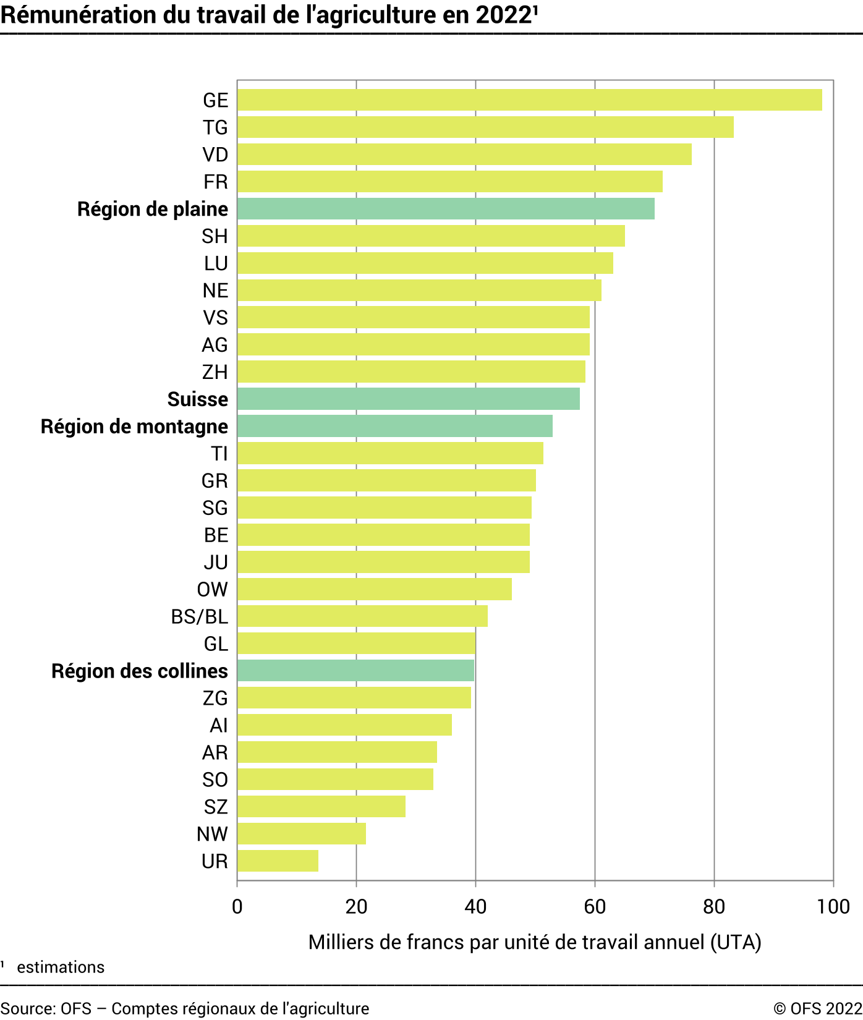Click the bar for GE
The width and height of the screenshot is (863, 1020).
click(x=529, y=100)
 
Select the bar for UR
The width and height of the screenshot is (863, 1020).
click(x=278, y=861)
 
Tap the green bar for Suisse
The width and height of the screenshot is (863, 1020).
click(x=408, y=399)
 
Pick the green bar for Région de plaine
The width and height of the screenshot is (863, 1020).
click(x=445, y=209)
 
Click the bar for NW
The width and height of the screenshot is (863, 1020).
click(x=301, y=833)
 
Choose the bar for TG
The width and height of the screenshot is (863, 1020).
click(x=485, y=127)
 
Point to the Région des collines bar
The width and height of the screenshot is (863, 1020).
click(x=355, y=671)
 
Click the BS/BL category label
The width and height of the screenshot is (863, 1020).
click(x=199, y=616)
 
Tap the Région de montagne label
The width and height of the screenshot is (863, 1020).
click(x=134, y=427)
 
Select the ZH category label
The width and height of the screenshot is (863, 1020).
click(x=215, y=372)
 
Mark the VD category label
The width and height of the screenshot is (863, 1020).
click(x=215, y=155)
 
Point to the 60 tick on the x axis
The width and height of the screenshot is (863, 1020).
click(x=595, y=907)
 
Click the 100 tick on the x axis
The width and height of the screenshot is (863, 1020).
click(x=833, y=907)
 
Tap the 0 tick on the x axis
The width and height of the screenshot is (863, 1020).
click(x=237, y=907)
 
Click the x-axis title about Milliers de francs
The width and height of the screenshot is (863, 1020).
click(x=535, y=942)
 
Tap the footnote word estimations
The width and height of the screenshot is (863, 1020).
click(x=61, y=967)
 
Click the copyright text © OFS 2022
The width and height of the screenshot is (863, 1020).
click(x=817, y=1008)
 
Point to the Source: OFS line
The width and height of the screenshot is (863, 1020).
click(x=185, y=1008)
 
